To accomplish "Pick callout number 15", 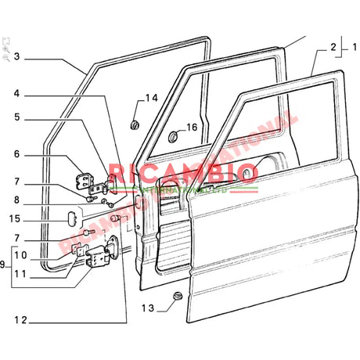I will click(16, 218).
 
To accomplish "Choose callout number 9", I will click(4, 264).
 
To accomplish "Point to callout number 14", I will click(151, 99).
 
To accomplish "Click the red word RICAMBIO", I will click(183, 174).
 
